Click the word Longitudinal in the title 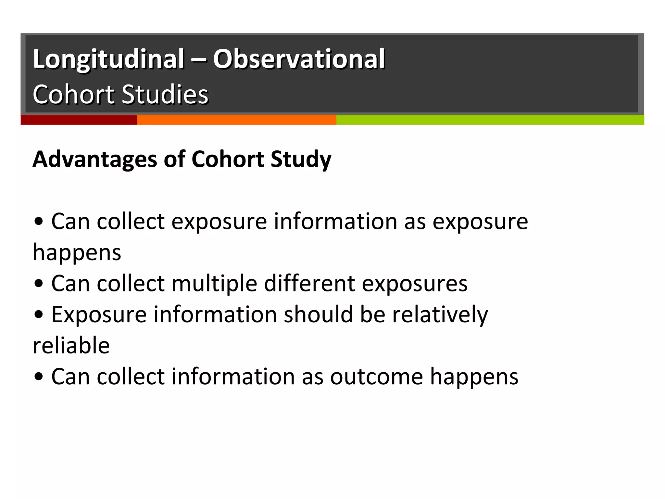[x=108, y=59]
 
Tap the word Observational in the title [x=299, y=59]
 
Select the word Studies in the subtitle [x=165, y=95]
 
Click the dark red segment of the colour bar [x=79, y=120]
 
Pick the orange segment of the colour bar [x=236, y=120]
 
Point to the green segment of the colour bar [x=490, y=120]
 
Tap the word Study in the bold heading [x=301, y=160]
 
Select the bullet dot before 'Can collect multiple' [x=39, y=284]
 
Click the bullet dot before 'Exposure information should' [x=39, y=314]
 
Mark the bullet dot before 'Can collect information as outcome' [x=39, y=377]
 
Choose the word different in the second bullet [x=309, y=284]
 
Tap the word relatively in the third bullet [x=440, y=314]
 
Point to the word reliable [x=71, y=345]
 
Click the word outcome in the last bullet [x=377, y=377]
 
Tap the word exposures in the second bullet [x=415, y=284]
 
